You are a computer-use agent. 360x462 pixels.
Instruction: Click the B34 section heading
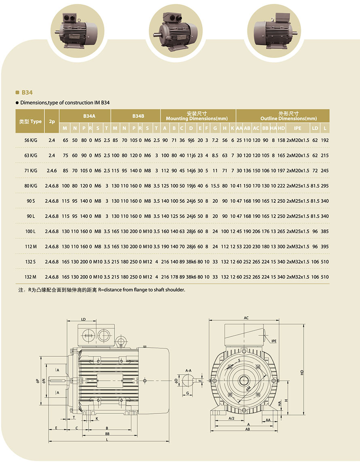(x=27, y=93)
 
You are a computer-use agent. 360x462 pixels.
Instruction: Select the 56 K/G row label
(x=31, y=140)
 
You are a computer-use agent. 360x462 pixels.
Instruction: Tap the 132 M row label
(x=30, y=277)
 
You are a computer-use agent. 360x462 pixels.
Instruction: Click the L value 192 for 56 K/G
(x=325, y=140)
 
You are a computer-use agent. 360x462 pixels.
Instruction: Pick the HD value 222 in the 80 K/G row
(x=282, y=186)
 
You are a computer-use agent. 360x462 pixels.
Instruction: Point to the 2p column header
(x=52, y=121)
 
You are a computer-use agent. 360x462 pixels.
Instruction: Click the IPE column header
(x=298, y=128)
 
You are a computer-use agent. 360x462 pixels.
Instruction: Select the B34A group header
(x=89, y=116)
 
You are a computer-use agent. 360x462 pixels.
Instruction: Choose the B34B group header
(x=138, y=116)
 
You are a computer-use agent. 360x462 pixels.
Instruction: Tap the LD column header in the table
(x=315, y=128)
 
